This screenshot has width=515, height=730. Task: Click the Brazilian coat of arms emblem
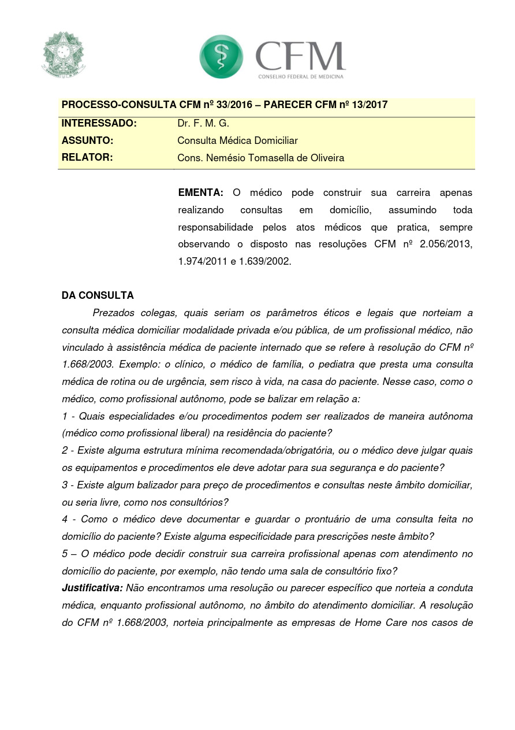click(63, 55)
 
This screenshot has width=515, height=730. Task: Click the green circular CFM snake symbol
click(221, 56)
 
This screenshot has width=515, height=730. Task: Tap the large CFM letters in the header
click(300, 55)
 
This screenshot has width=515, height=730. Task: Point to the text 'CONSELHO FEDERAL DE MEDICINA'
click(301, 76)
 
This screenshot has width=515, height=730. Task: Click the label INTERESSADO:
click(99, 123)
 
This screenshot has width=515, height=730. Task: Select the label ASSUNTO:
click(87, 140)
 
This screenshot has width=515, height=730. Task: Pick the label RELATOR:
click(87, 157)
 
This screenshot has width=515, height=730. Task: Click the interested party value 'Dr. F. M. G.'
click(203, 123)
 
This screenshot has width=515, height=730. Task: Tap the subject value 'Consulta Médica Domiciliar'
click(237, 140)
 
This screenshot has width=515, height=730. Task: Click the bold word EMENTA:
click(200, 192)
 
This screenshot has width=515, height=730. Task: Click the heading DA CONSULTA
click(98, 295)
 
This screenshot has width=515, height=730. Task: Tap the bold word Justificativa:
click(92, 588)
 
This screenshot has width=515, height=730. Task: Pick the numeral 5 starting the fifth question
click(65, 554)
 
